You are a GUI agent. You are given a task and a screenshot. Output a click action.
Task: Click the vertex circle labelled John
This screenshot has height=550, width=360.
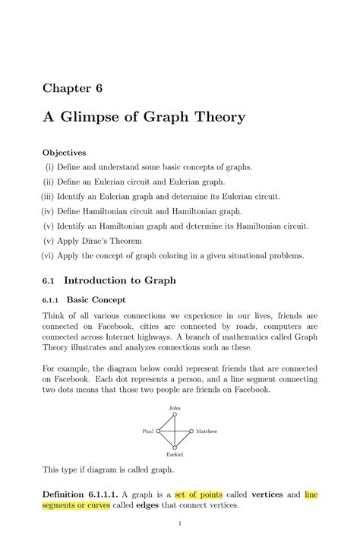pos(175,415)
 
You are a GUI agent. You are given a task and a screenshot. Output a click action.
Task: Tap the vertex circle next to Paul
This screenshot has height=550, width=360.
pos(158,431)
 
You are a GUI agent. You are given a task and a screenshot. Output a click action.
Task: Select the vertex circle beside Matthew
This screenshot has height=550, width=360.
pos(191,431)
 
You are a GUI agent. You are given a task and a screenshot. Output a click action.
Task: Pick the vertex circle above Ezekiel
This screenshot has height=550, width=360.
pos(175,447)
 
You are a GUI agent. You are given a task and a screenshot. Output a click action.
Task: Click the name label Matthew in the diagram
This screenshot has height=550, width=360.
pos(207,431)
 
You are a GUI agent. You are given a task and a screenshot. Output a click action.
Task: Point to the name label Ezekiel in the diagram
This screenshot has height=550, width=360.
pos(175,454)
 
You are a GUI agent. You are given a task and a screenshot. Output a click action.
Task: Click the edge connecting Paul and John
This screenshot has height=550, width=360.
pos(166,422)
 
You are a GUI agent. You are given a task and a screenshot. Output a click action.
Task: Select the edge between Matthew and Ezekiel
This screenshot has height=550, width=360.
pos(183,439)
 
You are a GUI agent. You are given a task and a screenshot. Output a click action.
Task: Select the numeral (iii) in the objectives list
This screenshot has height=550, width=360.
pos(50,196)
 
